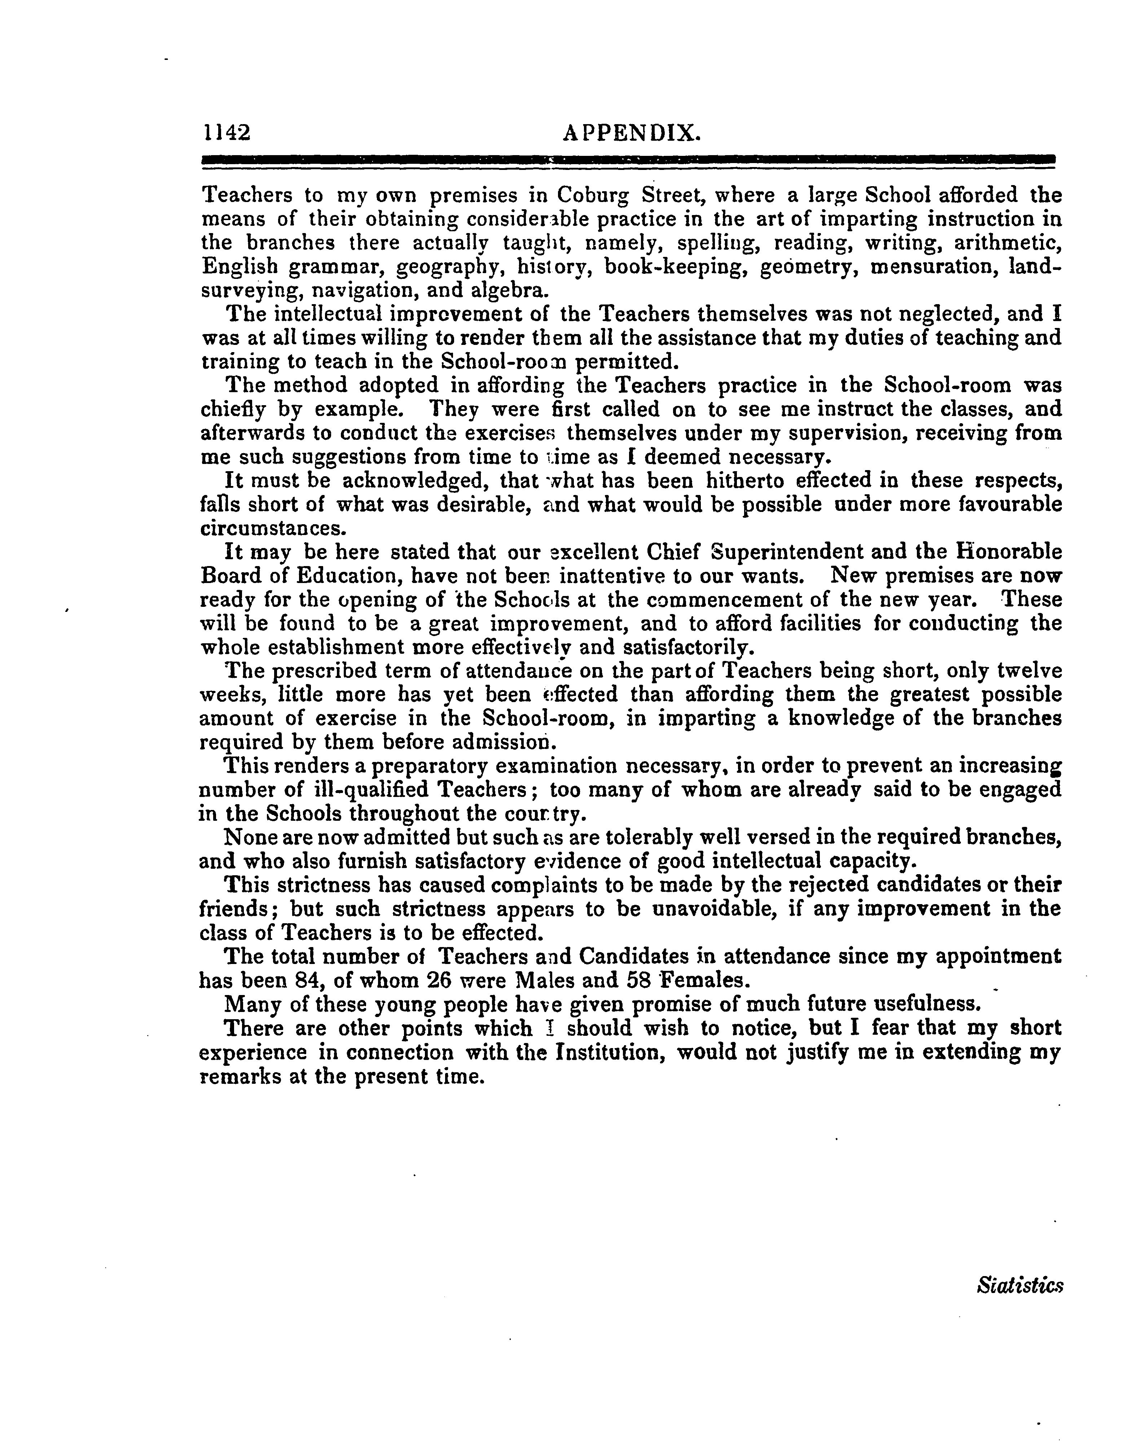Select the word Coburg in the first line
(x=593, y=195)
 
